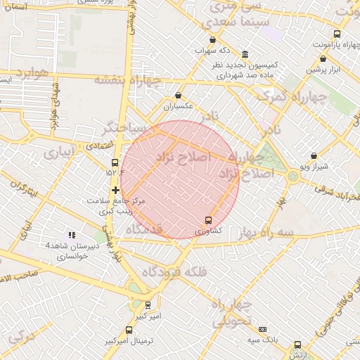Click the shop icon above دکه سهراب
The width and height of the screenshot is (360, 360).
[x=213, y=41]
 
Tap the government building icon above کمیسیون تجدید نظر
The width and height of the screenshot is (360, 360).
[x=244, y=55]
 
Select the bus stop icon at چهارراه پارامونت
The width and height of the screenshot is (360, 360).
[x=337, y=34]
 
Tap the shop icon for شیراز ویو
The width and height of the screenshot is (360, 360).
[x=314, y=156]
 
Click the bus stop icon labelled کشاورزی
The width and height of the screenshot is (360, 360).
[x=207, y=220]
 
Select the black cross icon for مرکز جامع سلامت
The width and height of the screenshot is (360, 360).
[x=115, y=190]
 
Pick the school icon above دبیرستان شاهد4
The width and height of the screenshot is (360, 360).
[x=71, y=235]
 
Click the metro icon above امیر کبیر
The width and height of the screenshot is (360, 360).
[x=148, y=305]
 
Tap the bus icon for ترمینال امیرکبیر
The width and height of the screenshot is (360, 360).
[x=127, y=329]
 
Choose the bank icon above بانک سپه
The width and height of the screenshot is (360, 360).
[x=263, y=329]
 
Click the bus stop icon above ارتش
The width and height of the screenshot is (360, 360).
[x=297, y=345]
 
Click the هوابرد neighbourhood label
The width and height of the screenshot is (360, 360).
[x=31, y=72]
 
